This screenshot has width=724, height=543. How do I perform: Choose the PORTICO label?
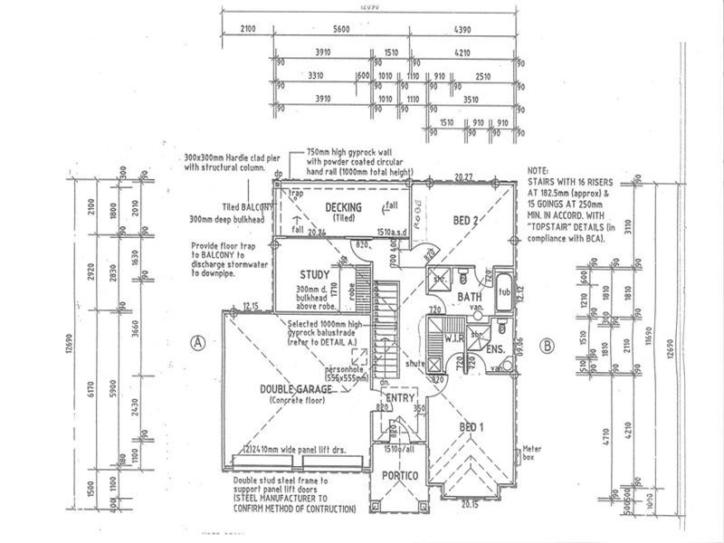(399, 476)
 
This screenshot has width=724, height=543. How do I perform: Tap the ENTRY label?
(399, 398)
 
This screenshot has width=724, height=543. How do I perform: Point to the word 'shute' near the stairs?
(416, 363)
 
